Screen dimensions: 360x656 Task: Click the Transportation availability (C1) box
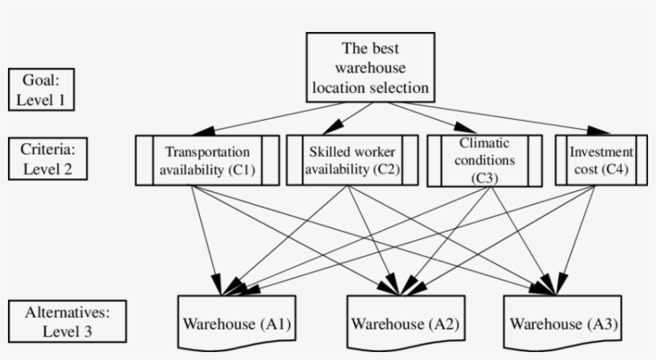point(207,160)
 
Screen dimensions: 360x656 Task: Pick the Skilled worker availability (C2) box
point(352,160)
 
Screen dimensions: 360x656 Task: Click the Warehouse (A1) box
point(237,324)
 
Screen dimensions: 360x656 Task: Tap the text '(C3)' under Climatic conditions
point(485,175)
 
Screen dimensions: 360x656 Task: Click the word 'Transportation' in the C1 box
point(207,151)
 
